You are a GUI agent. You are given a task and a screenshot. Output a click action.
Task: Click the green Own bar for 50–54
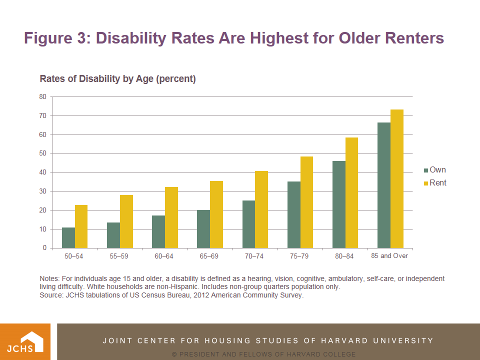[68, 238]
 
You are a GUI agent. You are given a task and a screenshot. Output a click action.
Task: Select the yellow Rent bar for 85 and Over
[397, 179]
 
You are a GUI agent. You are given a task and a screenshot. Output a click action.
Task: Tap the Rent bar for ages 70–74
[261, 209]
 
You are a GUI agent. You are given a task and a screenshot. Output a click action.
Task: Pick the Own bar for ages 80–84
[339, 204]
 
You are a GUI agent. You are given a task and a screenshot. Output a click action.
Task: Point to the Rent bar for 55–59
[126, 221]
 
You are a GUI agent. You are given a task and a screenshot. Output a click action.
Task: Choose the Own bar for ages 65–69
[203, 229]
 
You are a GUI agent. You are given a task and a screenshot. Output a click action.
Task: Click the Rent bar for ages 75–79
[306, 202]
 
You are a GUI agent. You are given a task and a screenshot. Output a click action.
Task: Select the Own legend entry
[434, 170]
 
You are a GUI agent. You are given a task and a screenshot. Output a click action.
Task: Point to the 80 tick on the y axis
[42, 97]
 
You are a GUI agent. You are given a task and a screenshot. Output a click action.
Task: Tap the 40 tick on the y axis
[42, 172]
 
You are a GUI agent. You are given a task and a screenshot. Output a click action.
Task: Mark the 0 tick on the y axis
[44, 248]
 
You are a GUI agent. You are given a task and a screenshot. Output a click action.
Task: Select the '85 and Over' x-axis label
[389, 256]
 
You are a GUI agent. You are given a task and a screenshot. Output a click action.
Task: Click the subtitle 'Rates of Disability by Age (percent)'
[117, 79]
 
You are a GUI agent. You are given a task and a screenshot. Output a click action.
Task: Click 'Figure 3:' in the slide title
[55, 38]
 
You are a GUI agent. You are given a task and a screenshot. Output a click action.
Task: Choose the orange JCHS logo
[25, 341]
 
